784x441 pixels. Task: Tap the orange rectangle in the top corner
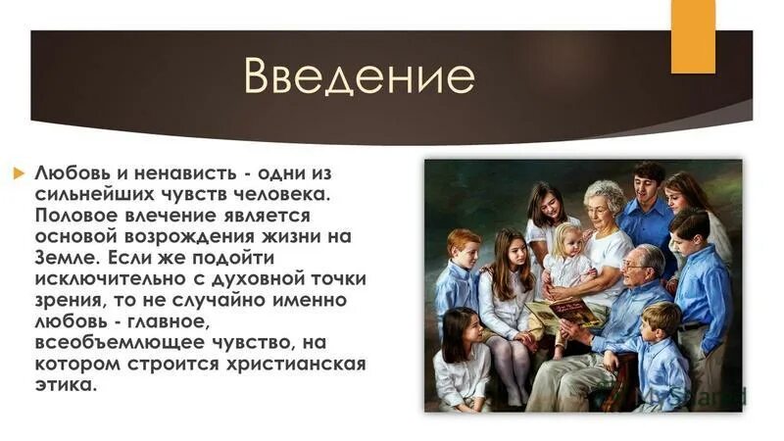693,36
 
